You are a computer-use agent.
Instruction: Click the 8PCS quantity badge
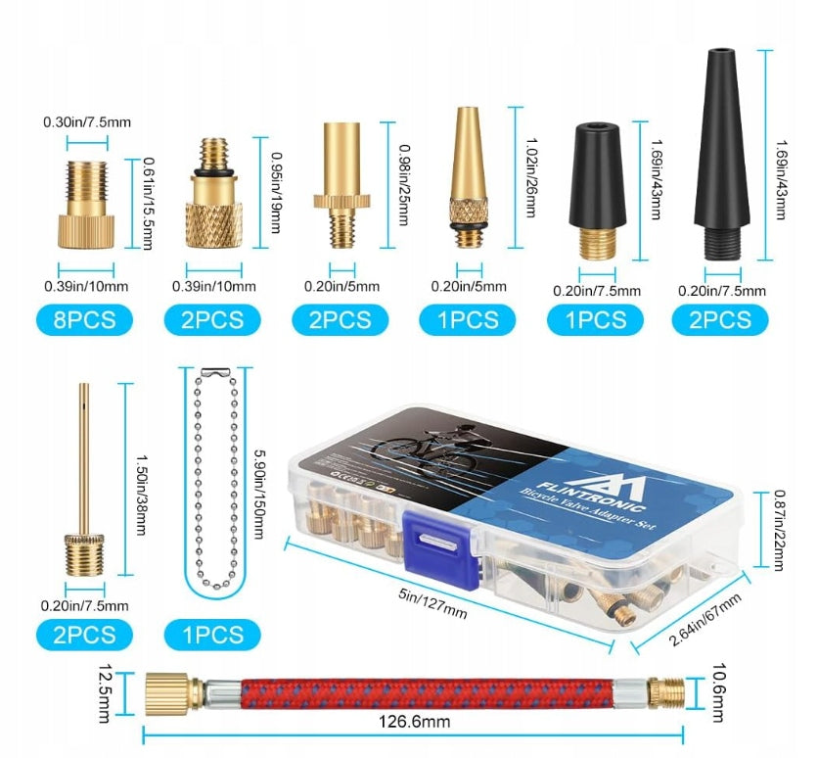tap(84, 320)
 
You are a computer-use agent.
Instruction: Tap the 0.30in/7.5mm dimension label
tap(87, 122)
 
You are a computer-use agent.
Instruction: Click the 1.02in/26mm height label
tap(530, 177)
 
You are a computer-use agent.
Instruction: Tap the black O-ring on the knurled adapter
tap(214, 172)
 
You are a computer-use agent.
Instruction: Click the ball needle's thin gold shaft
tap(84, 458)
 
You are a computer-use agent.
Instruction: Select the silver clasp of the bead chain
tap(215, 371)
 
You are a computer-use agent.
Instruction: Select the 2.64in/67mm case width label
tap(704, 620)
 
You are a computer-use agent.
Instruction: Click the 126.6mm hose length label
tap(414, 722)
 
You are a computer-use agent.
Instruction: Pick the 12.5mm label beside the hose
tap(105, 693)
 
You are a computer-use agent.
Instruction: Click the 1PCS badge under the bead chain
tap(212, 635)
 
